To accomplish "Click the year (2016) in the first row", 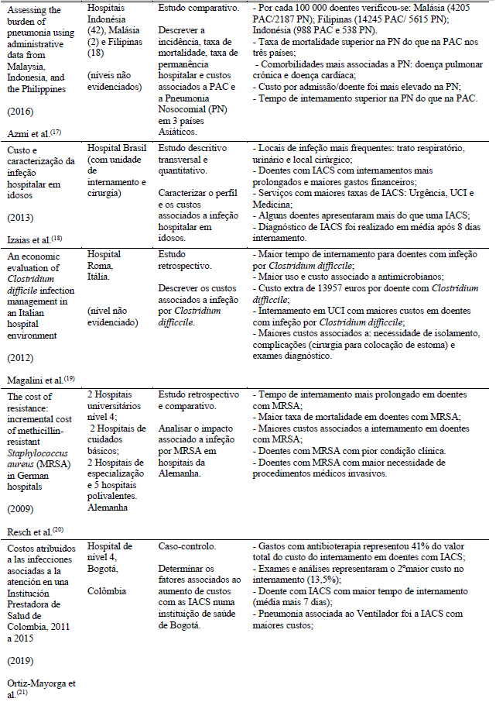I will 20,111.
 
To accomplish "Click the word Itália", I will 98,278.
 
